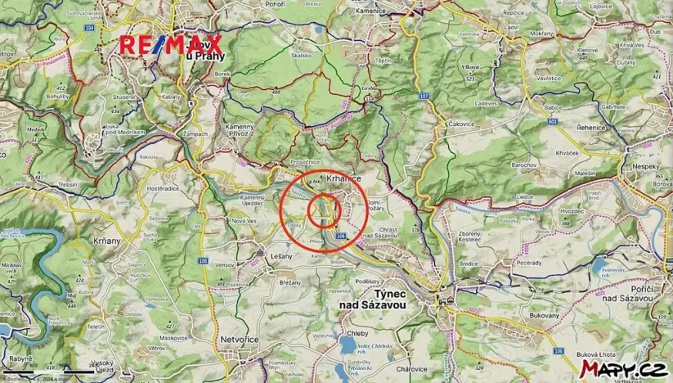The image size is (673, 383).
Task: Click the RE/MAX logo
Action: [x=171, y=45]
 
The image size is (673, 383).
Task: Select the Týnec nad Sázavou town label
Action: [x=379, y=298]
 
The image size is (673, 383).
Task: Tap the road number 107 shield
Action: [x=423, y=97]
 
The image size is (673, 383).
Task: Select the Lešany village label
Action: [x=281, y=256]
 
